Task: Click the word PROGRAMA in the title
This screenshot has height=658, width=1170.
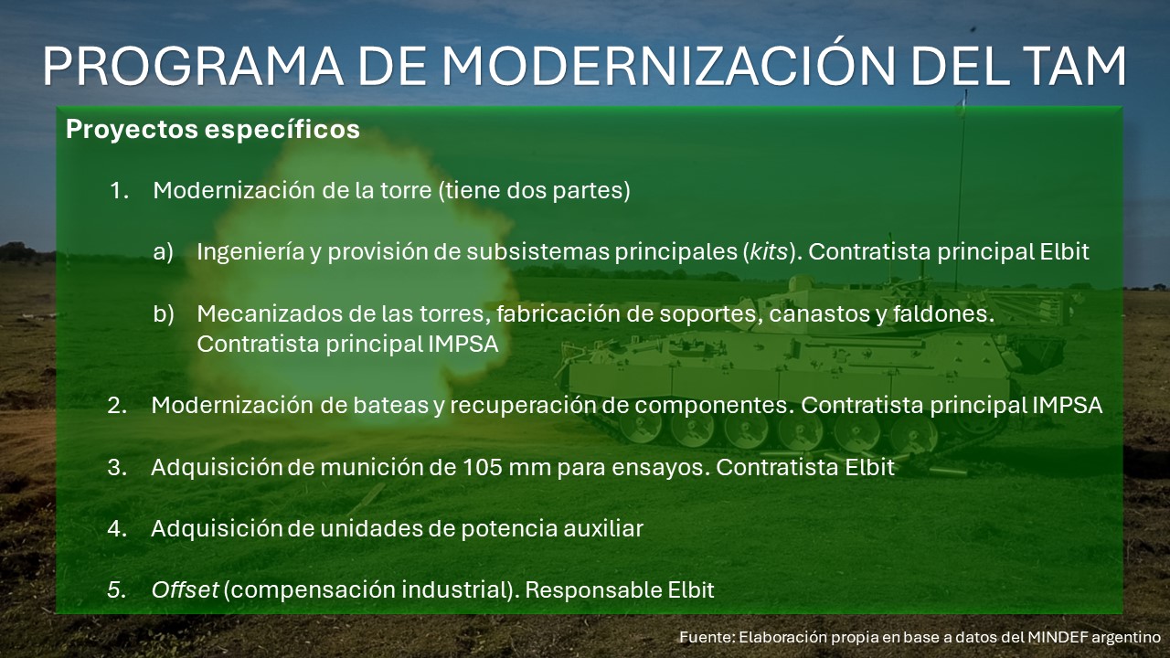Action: coord(192,66)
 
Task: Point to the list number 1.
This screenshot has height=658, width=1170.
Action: coord(119,191)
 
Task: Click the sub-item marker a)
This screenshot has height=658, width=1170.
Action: coord(163,252)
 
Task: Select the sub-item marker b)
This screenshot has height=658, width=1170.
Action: coord(163,313)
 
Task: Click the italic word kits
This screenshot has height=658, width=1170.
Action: coord(769,252)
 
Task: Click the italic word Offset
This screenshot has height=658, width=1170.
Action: coord(185,590)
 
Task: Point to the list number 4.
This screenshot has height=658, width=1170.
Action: coord(118,529)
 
